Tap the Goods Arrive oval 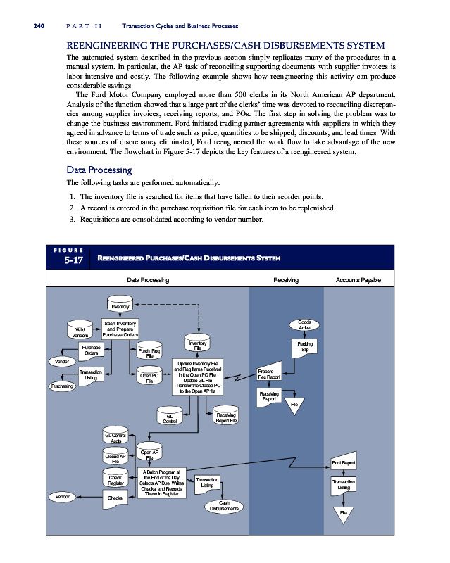(304, 324)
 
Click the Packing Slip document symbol (305, 347)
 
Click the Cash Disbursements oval (226, 506)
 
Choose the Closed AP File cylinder (115, 458)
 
